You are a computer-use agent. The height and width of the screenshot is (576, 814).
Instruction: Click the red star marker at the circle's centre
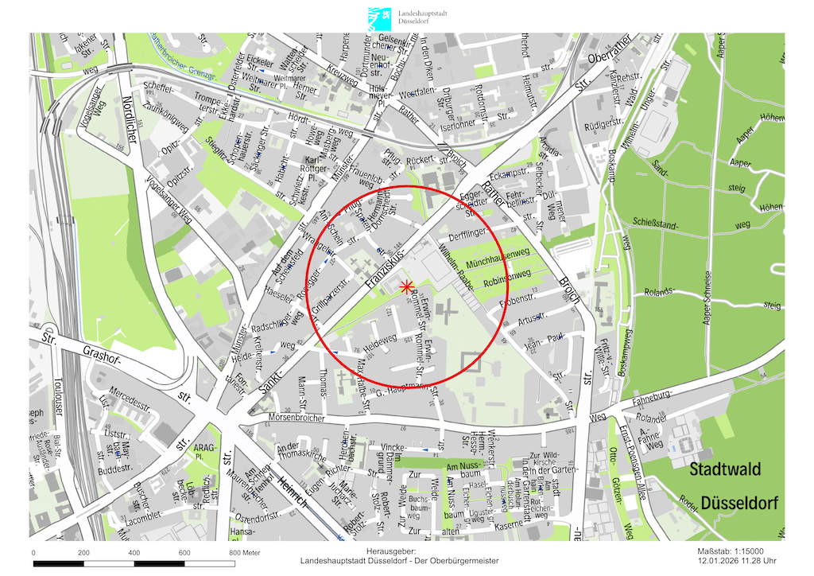coord(406,286)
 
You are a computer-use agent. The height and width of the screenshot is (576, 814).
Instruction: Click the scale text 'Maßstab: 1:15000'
coord(731,551)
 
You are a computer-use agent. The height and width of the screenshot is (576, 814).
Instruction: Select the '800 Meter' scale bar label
coord(245,552)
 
